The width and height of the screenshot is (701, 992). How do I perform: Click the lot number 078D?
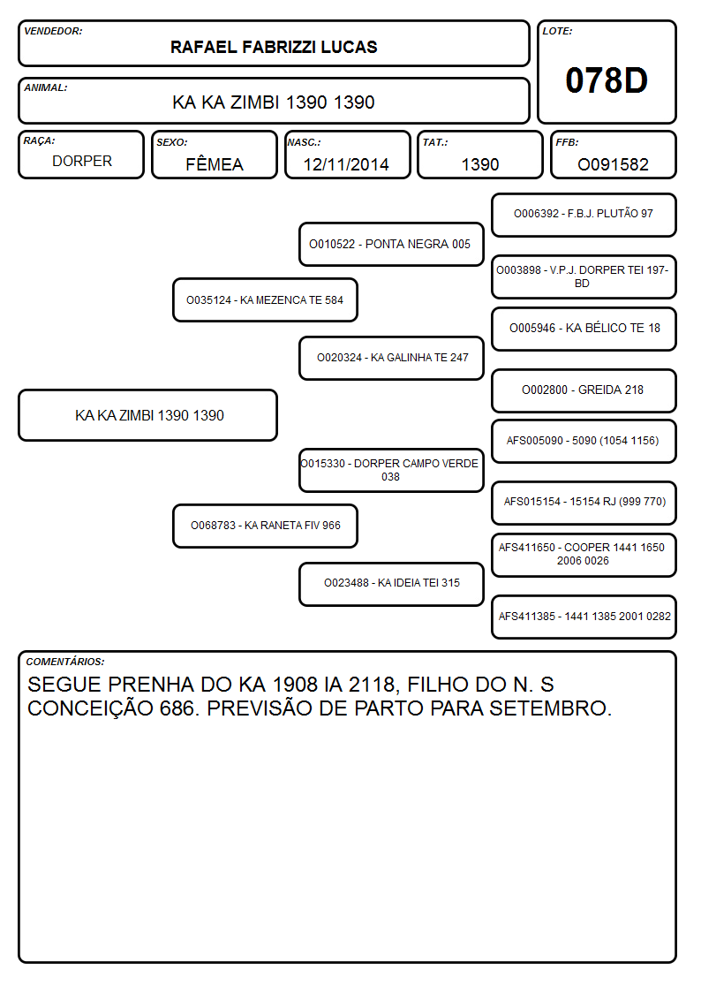607,80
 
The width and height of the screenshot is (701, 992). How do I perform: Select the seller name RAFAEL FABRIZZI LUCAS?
274,47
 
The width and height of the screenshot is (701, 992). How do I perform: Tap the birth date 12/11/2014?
346,164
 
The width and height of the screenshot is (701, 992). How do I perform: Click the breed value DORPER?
82,162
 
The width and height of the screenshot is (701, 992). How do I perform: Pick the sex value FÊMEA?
215,163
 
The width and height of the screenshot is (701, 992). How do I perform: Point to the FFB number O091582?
613,164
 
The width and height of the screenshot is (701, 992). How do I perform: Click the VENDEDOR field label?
53,31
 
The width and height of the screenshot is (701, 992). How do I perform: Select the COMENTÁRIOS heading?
65,662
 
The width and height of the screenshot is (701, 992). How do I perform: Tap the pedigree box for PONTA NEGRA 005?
391,244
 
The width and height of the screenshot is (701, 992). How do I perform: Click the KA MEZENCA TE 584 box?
265,299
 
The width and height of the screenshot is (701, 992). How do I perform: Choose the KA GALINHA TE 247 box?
391,358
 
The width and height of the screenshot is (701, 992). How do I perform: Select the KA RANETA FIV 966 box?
265,526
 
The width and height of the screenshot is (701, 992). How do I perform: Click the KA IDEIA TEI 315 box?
391,584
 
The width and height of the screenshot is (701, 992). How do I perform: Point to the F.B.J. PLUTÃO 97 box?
584,216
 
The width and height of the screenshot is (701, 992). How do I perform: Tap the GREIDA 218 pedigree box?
584,390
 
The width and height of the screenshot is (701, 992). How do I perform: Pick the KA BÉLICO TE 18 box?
584,329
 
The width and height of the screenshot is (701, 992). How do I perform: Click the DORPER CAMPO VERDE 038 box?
391,470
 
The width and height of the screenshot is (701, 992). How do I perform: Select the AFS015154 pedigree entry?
584,503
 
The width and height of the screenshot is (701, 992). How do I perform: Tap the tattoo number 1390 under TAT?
480,164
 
